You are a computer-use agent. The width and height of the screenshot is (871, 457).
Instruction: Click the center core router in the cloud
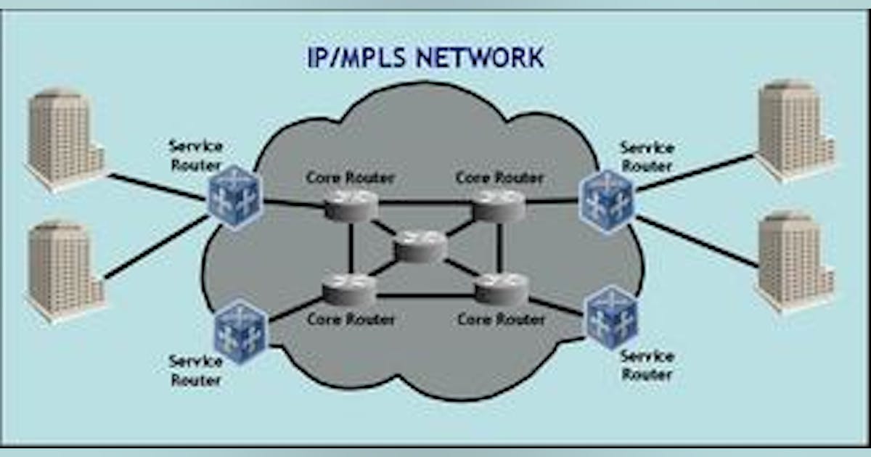point(420,247)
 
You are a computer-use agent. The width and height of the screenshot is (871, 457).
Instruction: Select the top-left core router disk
point(351,205)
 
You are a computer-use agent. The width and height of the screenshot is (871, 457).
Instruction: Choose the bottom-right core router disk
point(501,288)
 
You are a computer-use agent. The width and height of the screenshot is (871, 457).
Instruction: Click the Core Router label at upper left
point(351,177)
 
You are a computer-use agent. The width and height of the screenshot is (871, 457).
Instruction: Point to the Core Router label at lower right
point(502,319)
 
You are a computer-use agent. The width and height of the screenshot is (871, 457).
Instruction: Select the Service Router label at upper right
point(647,157)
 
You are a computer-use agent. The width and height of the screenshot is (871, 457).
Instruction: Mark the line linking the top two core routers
point(425,202)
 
